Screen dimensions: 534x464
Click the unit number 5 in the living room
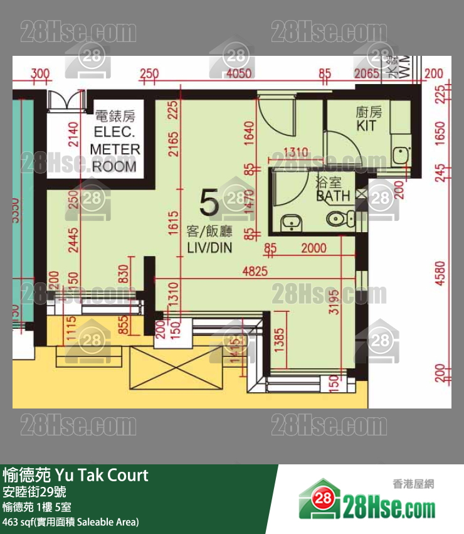(x=208, y=203)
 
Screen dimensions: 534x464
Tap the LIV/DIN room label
(x=209, y=248)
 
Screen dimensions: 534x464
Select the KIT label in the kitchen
(x=366, y=126)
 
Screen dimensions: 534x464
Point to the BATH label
(x=334, y=196)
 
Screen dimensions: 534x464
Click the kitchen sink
(x=399, y=154)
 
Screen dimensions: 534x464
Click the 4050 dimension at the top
(x=238, y=74)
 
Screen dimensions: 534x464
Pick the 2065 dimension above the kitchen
(x=367, y=74)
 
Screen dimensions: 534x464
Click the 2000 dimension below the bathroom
(x=314, y=248)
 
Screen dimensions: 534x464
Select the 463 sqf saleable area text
(x=70, y=521)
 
